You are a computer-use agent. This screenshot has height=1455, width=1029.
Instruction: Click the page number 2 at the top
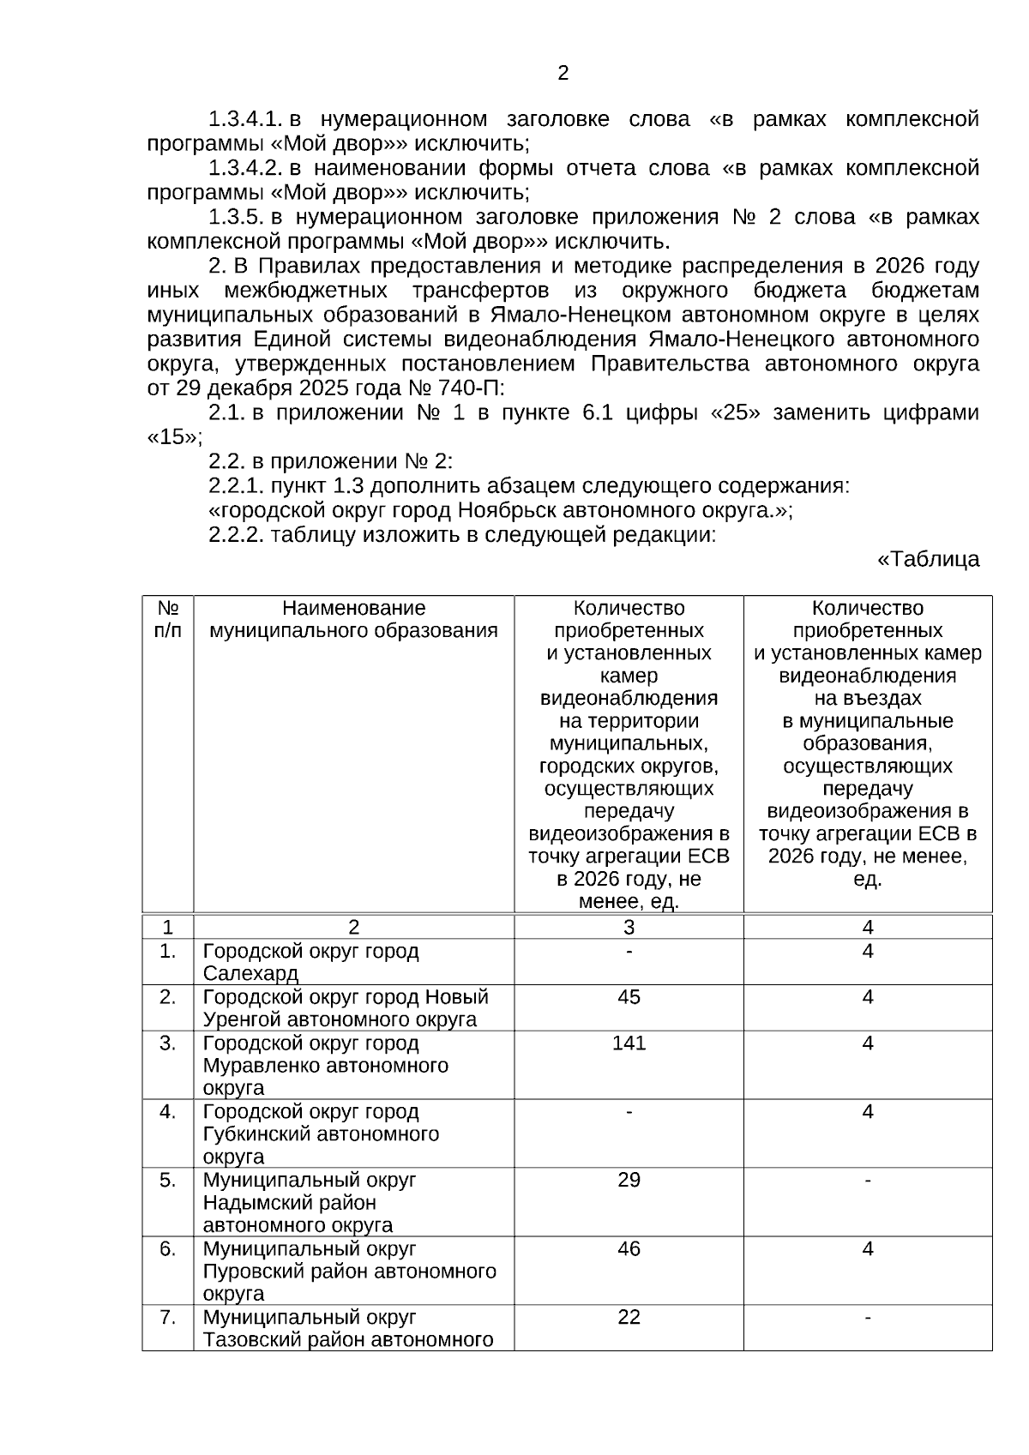[563, 74]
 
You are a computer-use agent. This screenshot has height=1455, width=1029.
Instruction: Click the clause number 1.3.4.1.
[246, 119]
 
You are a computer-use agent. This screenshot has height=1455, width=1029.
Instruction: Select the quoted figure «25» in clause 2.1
[735, 413]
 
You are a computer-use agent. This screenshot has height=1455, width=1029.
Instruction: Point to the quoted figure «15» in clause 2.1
[174, 437]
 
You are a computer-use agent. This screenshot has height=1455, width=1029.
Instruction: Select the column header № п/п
[168, 619]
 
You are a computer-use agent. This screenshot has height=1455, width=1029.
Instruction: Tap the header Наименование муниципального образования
[353, 619]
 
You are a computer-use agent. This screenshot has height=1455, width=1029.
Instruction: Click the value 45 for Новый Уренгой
[629, 997]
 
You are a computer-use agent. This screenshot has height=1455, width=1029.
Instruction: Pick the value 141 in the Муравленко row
[629, 1043]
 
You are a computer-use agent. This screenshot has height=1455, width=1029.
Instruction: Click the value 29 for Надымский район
[629, 1180]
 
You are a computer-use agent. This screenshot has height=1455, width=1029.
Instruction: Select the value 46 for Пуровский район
[629, 1248]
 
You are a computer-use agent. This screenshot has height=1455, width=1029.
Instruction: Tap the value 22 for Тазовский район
[629, 1317]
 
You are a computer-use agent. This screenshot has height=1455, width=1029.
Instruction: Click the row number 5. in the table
[168, 1180]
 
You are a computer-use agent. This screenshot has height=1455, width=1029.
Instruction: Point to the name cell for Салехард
[310, 963]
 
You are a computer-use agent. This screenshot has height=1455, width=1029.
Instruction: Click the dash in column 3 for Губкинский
[629, 1112]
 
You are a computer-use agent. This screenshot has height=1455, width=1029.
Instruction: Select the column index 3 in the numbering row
[629, 927]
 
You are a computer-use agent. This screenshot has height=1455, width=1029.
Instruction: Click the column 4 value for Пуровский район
[868, 1248]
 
